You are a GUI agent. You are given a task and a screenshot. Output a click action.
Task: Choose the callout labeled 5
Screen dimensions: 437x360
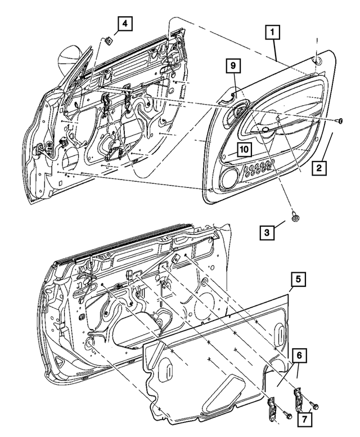pos(299,280)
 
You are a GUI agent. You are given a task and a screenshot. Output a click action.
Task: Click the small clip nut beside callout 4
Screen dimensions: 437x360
pos(108,40)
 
